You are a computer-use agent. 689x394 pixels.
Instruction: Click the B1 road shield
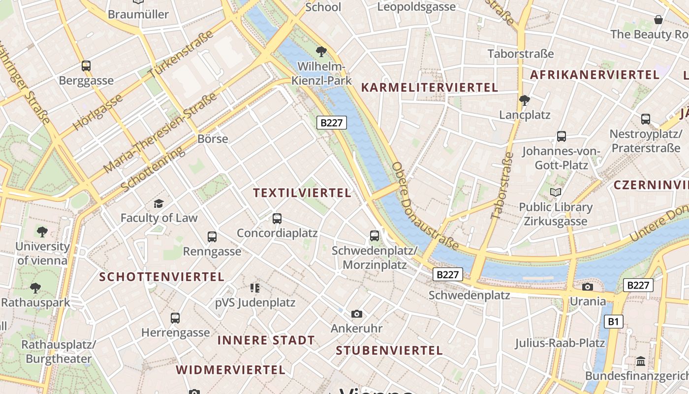613,322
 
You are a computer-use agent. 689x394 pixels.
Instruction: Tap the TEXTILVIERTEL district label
302,193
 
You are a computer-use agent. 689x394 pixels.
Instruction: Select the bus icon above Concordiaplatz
277,218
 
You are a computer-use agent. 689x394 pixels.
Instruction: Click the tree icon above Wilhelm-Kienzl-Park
321,51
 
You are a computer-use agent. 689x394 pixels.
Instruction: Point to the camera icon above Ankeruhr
357,314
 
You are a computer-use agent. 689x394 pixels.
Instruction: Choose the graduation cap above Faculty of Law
158,203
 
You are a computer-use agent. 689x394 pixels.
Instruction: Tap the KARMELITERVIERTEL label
430,88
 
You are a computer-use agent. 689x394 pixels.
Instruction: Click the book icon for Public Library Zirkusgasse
556,193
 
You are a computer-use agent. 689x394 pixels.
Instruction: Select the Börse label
213,138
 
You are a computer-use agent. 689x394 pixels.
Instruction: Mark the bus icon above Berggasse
86,66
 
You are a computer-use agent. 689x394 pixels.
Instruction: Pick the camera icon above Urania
588,287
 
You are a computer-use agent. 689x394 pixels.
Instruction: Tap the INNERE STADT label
266,340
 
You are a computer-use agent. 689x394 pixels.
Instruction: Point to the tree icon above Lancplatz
525,100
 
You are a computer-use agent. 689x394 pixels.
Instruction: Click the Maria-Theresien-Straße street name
160,133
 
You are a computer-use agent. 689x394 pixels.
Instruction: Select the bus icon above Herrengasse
175,318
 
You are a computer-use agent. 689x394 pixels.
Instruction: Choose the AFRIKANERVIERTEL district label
595,75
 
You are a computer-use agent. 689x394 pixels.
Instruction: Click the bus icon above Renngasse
212,237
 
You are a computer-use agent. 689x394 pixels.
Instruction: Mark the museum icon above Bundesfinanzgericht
641,362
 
